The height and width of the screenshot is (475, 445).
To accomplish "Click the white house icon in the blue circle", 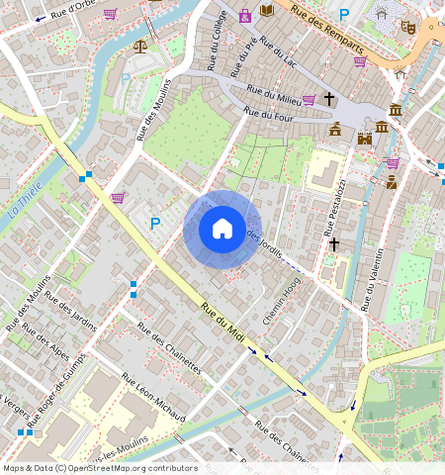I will pos(222,229).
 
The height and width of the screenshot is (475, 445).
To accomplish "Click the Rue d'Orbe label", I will pos(75,9).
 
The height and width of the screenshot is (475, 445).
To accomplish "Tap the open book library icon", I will pos(267,11).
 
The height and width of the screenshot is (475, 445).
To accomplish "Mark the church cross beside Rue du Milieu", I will pos(328,99).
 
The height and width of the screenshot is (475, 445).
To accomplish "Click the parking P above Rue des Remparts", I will pos(344,14).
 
